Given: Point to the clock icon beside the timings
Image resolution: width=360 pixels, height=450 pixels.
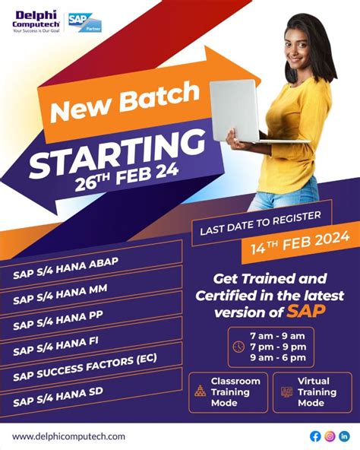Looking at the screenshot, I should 239,347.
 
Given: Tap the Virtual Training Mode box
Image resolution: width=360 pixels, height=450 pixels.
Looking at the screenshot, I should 312,391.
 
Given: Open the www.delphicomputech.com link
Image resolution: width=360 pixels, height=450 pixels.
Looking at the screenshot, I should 68,436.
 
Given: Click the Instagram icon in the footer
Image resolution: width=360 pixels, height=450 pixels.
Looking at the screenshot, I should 330,436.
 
